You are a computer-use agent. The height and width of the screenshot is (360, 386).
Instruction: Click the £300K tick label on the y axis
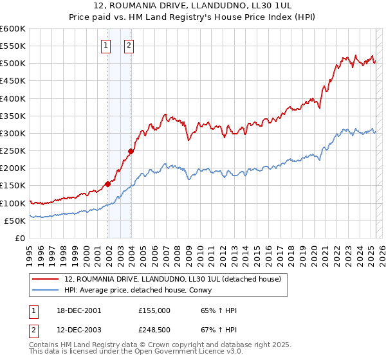click(12, 134)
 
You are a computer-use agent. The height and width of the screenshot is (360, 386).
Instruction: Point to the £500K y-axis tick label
click(12, 64)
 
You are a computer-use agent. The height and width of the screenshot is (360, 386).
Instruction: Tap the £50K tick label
click(15, 221)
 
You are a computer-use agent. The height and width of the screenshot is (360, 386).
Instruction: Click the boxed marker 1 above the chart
click(106, 45)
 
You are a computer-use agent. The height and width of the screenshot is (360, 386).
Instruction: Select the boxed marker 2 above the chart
click(129, 45)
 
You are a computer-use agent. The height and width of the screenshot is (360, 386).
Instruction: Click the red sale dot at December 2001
click(107, 184)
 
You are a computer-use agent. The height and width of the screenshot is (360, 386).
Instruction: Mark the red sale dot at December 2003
click(130, 152)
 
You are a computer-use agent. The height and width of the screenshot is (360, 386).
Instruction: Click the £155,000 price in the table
click(154, 310)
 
